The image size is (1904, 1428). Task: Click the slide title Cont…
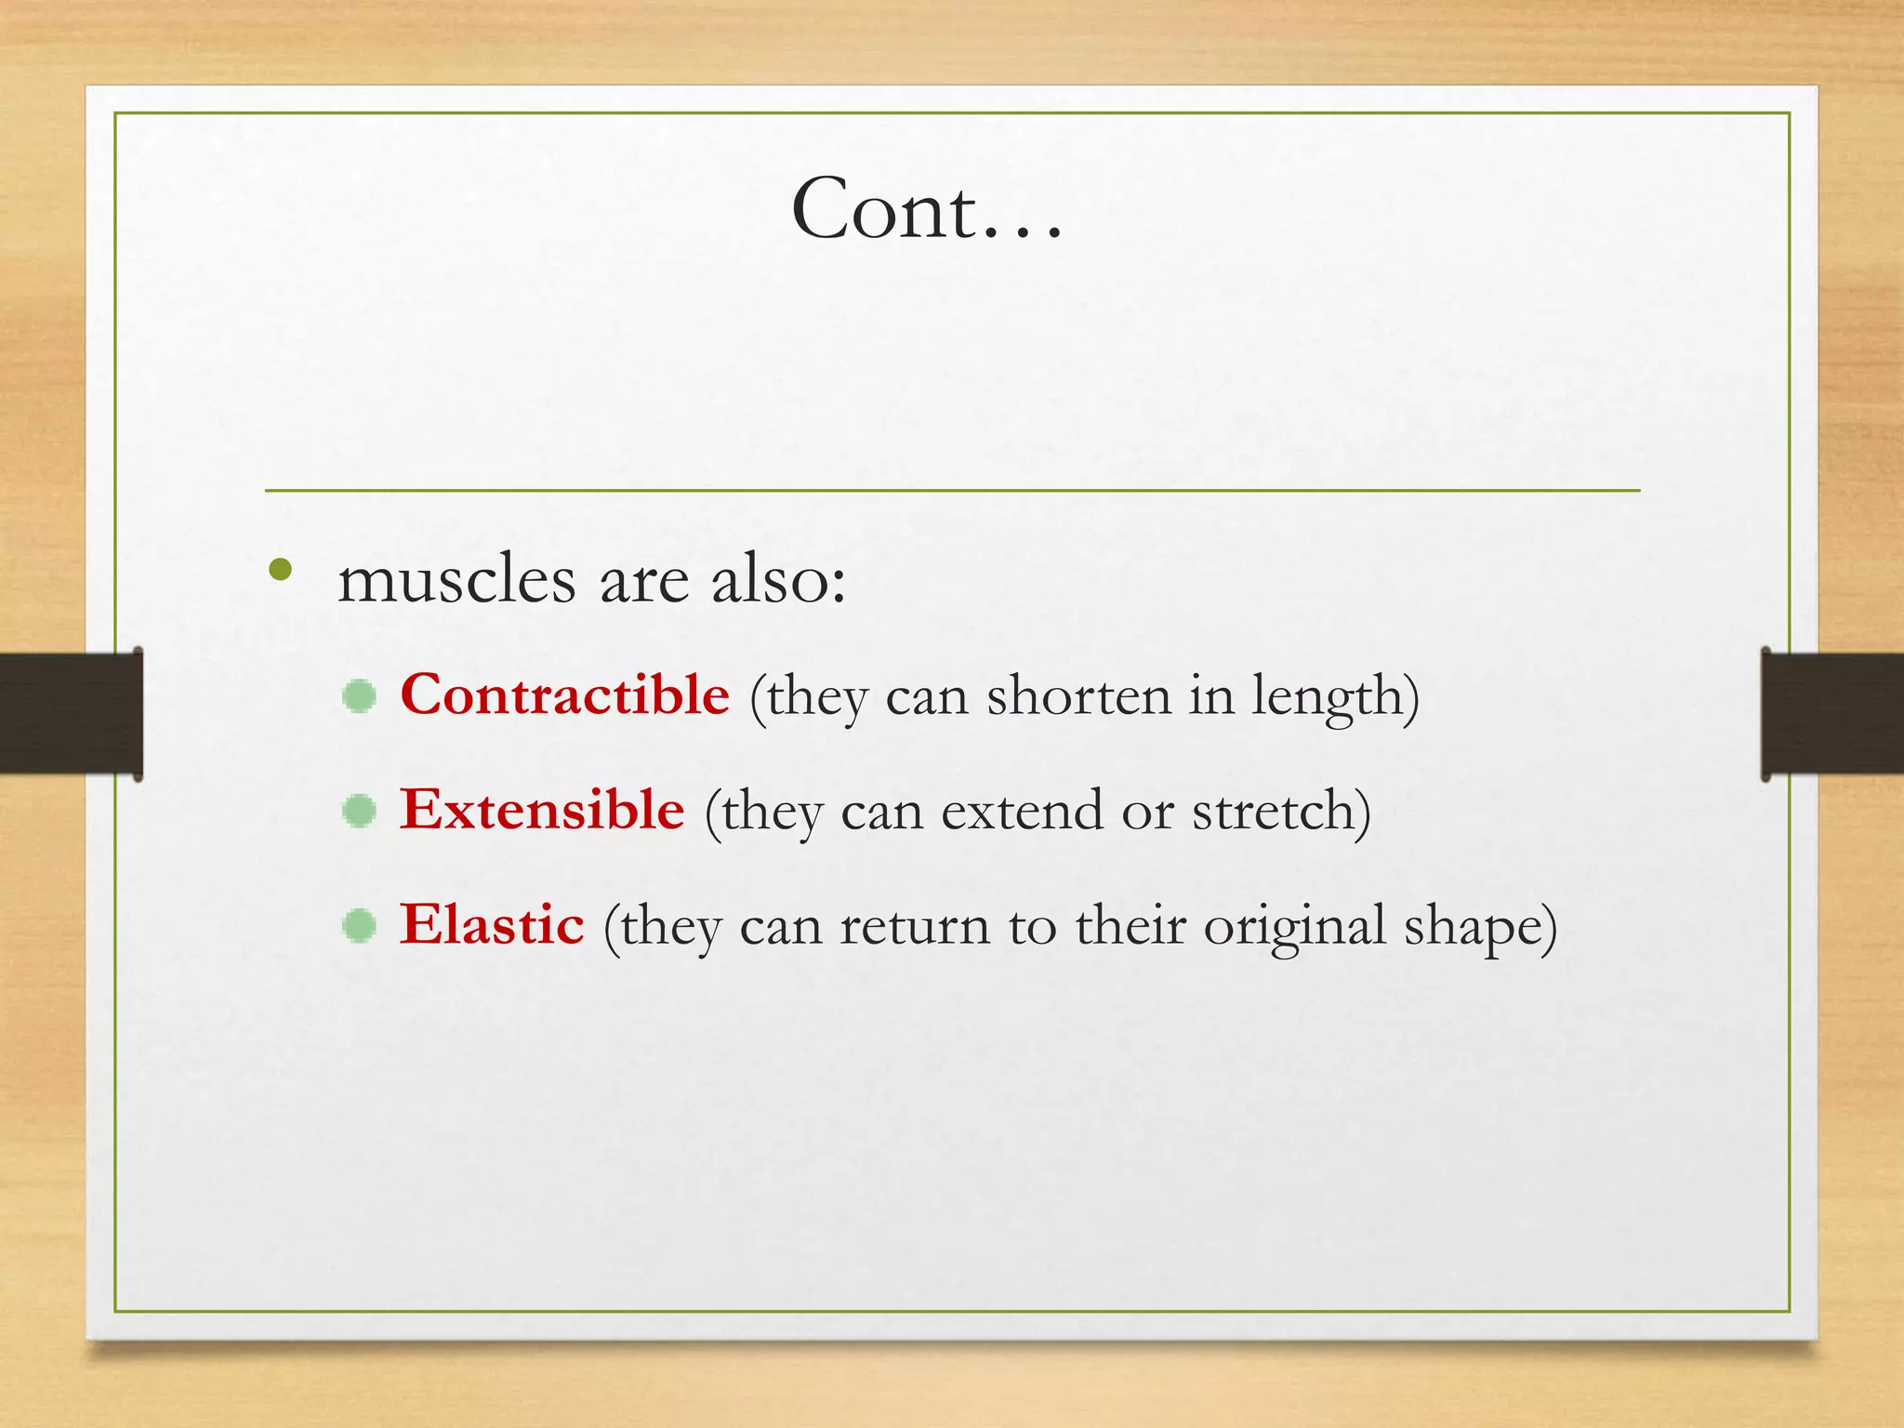[927, 209]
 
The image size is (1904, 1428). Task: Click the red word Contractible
[564, 694]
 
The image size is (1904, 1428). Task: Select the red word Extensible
[542, 809]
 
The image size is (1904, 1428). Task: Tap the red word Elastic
[492, 924]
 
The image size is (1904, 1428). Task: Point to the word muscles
[456, 580]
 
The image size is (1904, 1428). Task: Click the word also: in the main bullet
[778, 580]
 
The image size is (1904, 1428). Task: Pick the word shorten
[1078, 696]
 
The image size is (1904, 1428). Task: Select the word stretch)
[1281, 811]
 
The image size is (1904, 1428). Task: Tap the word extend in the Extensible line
[1022, 811]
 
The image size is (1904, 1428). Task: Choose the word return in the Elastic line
[915, 926]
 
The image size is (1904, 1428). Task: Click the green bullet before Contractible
[359, 696]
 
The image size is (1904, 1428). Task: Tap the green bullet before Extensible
[359, 812]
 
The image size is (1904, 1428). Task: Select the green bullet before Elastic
[359, 926]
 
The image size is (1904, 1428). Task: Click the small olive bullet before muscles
[280, 569]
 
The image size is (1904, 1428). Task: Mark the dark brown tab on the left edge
[70, 713]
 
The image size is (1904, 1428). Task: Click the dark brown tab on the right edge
[1832, 713]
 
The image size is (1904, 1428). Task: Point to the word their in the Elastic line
[1130, 926]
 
